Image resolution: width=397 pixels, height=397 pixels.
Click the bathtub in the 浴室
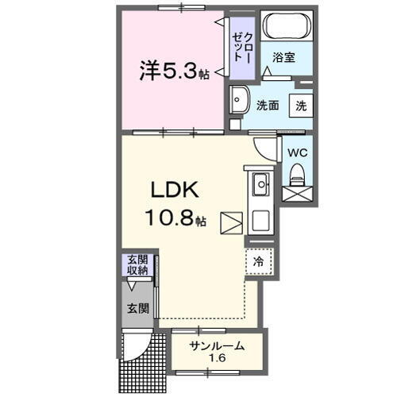[x=287, y=27]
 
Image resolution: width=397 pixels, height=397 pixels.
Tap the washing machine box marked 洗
[x=301, y=105]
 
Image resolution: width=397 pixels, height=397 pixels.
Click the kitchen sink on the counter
[x=261, y=187]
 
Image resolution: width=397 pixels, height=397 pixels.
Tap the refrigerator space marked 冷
[x=259, y=260]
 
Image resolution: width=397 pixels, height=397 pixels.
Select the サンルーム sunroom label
[x=216, y=345]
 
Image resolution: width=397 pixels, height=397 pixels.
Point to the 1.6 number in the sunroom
[x=216, y=359]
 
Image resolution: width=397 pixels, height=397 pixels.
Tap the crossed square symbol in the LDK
[x=232, y=222]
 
